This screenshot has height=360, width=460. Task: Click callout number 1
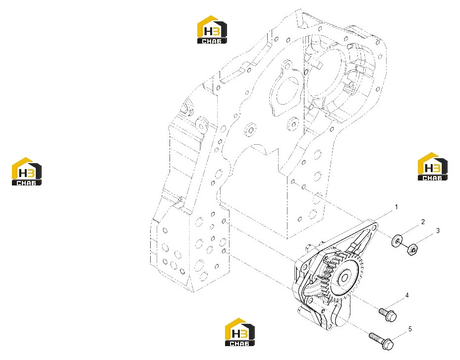pos(397,207)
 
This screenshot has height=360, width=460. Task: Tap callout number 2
pos(423,222)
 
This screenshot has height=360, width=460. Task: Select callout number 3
pos(438,231)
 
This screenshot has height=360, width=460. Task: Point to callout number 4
pos(407,295)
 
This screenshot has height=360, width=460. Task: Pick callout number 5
pos(410,329)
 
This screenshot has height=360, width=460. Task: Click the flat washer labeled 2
pos(397,241)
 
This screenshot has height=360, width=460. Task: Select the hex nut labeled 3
pos(412,250)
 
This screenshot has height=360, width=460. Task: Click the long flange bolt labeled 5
pos(381,340)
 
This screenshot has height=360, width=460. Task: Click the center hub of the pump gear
pos(344,277)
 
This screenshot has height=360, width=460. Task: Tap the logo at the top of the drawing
pos(212,29)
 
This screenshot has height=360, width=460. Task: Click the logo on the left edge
pos(26,172)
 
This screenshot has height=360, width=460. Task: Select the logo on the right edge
pos(432,166)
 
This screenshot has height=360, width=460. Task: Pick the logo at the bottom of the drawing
pos(240,332)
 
